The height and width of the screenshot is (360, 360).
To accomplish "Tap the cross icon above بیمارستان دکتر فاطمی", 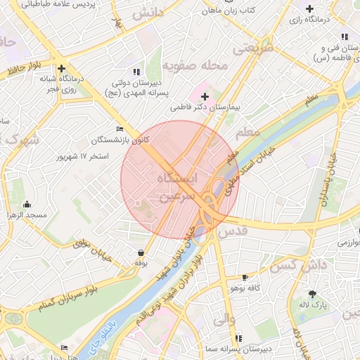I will pyautogui.click(x=205, y=96).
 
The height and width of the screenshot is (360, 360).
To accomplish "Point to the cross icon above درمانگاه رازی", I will pyautogui.click(x=310, y=8).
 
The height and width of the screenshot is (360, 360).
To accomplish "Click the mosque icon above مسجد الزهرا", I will pyautogui.click(x=27, y=205).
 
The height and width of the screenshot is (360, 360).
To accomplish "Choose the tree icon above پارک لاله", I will pyautogui.click(x=312, y=293).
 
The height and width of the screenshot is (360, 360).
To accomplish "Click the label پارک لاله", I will pyautogui.click(x=311, y=304).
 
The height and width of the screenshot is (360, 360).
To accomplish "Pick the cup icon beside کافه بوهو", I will pyautogui.click(x=245, y=278).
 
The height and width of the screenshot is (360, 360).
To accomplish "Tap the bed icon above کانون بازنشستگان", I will pyautogui.click(x=119, y=129).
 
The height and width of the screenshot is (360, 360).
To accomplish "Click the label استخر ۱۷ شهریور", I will pyautogui.click(x=83, y=155).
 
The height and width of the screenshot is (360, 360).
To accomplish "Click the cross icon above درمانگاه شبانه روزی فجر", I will pyautogui.click(x=63, y=69).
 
